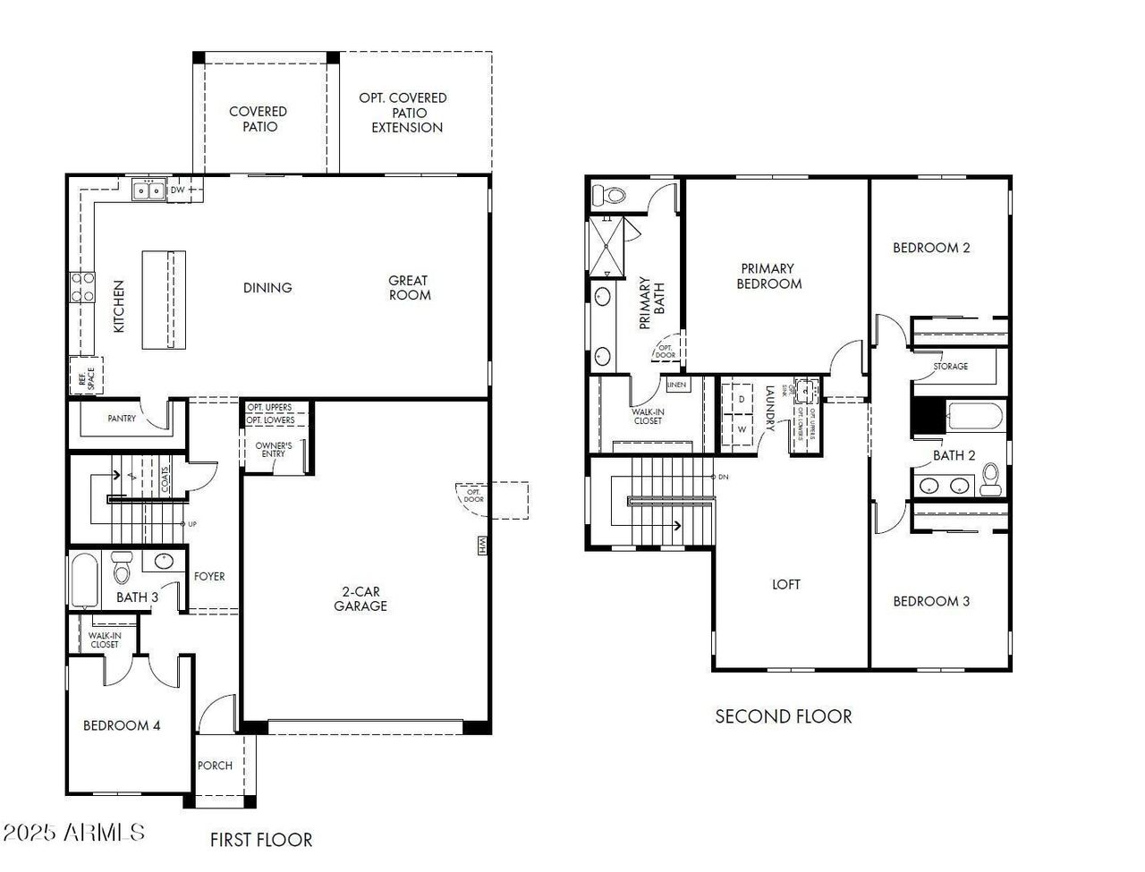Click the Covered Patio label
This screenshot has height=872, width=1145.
[258, 119]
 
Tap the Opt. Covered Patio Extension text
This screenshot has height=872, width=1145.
[403, 113]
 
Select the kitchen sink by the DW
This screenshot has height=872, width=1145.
[148, 190]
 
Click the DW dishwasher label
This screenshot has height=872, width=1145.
[178, 190]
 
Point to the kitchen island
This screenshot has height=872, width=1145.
[164, 301]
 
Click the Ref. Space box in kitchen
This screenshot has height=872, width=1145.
[87, 376]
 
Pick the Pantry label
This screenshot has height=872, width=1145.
[122, 418]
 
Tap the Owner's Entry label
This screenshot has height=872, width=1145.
[274, 449]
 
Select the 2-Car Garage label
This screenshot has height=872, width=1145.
[360, 598]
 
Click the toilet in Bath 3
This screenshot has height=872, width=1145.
[122, 568]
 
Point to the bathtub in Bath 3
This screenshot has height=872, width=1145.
[83, 581]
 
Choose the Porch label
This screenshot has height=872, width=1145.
[215, 766]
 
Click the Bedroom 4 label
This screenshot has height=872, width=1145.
[122, 725]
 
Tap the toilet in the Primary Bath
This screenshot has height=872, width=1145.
[614, 194]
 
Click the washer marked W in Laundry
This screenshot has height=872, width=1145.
[741, 429]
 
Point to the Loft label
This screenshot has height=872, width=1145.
[786, 584]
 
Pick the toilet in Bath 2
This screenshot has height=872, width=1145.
[990, 479]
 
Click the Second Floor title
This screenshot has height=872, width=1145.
[783, 716]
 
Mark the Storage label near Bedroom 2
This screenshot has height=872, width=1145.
[950, 367]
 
